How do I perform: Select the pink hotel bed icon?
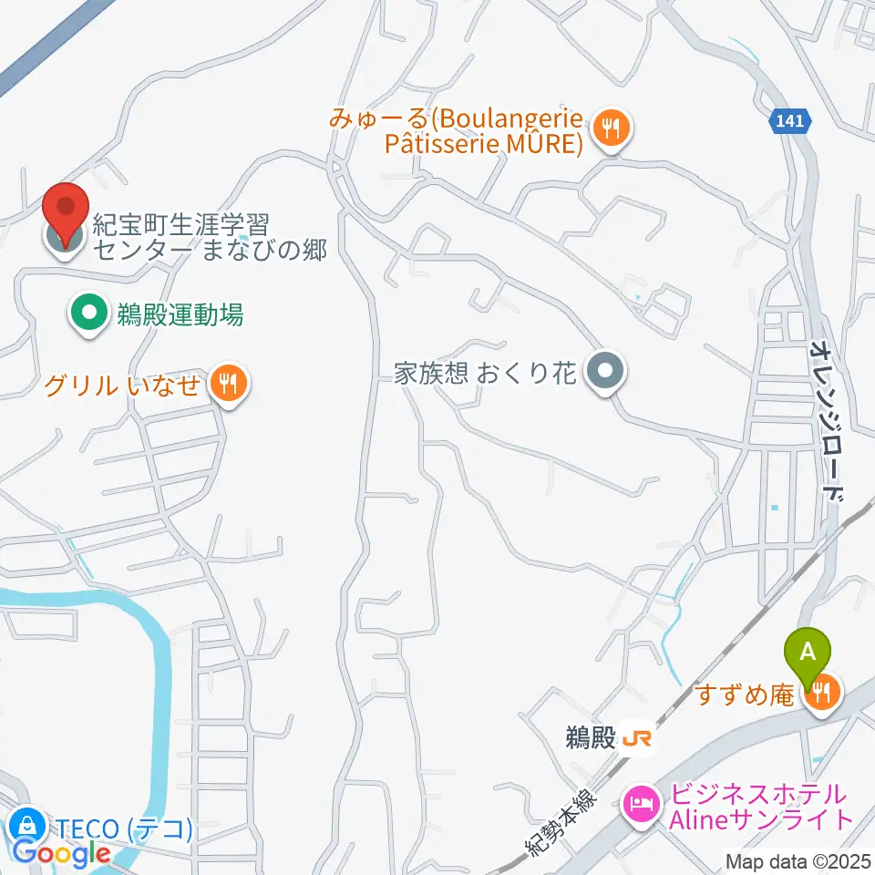tap(639, 805)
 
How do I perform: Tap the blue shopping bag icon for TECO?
tap(27, 827)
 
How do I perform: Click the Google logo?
tap(61, 854)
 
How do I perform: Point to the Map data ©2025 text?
tap(798, 860)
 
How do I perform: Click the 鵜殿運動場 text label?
tap(180, 316)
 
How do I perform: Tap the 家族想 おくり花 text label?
tap(485, 373)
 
